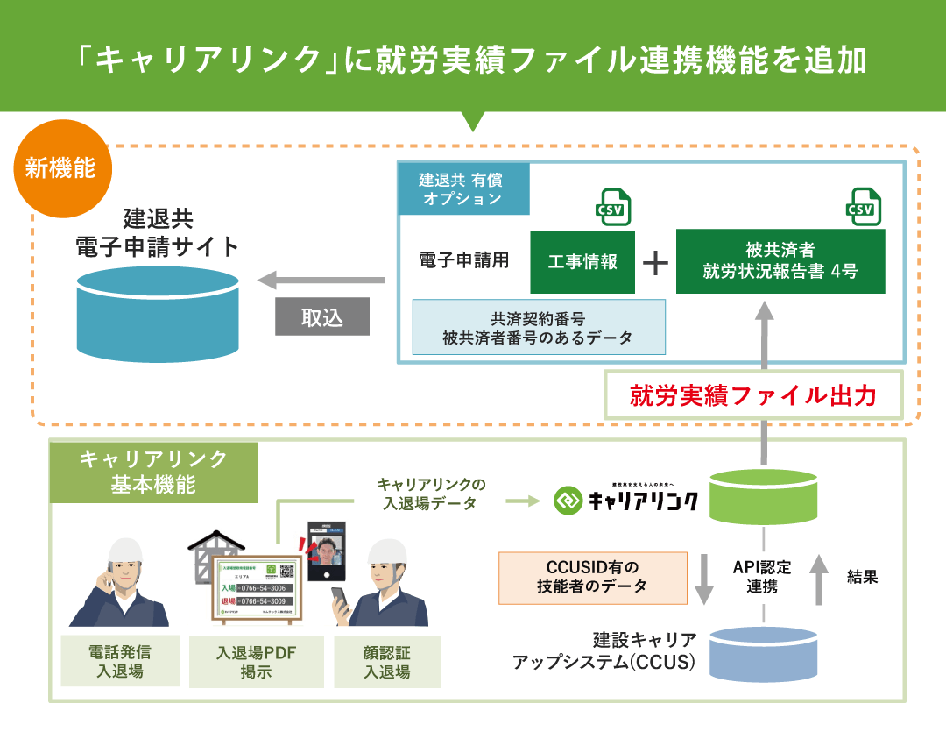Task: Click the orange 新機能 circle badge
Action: (60, 167)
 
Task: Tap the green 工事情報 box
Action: (582, 262)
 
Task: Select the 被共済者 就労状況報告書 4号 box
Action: (780, 261)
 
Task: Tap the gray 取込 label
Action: (321, 316)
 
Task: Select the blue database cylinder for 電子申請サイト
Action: (158, 314)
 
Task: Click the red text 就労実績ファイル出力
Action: (753, 396)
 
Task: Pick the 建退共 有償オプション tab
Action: (463, 188)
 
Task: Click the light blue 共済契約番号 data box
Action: (538, 327)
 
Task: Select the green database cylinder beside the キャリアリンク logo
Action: (765, 500)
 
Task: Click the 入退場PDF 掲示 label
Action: (256, 662)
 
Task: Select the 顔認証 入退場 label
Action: (386, 662)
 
